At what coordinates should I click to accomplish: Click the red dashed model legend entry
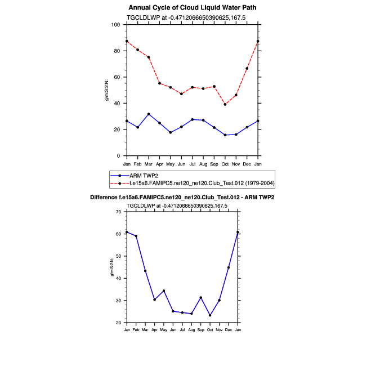click(191, 184)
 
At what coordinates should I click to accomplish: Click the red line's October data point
click(225, 104)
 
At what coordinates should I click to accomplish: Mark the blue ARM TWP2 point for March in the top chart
click(149, 114)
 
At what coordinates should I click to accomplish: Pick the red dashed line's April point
click(159, 83)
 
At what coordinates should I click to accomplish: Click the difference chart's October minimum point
click(210, 315)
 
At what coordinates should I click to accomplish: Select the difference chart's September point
click(201, 297)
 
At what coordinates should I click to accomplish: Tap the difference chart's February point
click(136, 236)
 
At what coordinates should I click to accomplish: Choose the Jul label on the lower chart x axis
click(182, 329)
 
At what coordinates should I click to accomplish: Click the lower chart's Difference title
click(186, 198)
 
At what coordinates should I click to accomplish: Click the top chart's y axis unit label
click(107, 90)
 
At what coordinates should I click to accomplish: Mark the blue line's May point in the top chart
click(171, 132)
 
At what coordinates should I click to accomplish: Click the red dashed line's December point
click(247, 68)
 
